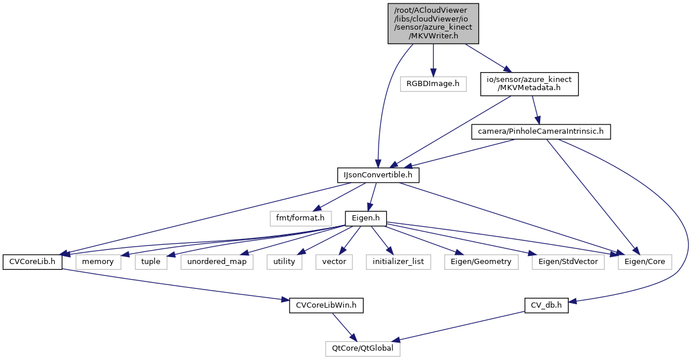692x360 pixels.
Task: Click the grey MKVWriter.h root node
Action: (433, 23)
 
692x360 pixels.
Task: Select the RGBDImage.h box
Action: (433, 84)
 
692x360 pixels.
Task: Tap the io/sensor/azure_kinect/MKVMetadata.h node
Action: (529, 84)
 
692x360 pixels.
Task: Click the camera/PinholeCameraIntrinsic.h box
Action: (540, 131)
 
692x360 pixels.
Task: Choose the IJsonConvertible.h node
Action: (378, 174)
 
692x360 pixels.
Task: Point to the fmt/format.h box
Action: (300, 218)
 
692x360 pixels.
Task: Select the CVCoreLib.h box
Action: (33, 262)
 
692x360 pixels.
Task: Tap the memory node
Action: (97, 262)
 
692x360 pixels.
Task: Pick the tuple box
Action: (151, 262)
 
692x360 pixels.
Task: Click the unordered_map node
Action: (217, 262)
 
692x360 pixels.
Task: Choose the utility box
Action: (284, 262)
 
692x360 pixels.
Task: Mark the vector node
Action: (334, 262)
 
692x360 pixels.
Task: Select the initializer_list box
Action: (398, 262)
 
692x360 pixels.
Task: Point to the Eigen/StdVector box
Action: (568, 262)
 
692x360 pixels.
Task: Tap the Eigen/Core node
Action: (645, 262)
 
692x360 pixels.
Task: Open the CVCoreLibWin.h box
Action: (326, 305)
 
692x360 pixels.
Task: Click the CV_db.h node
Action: (546, 305)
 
